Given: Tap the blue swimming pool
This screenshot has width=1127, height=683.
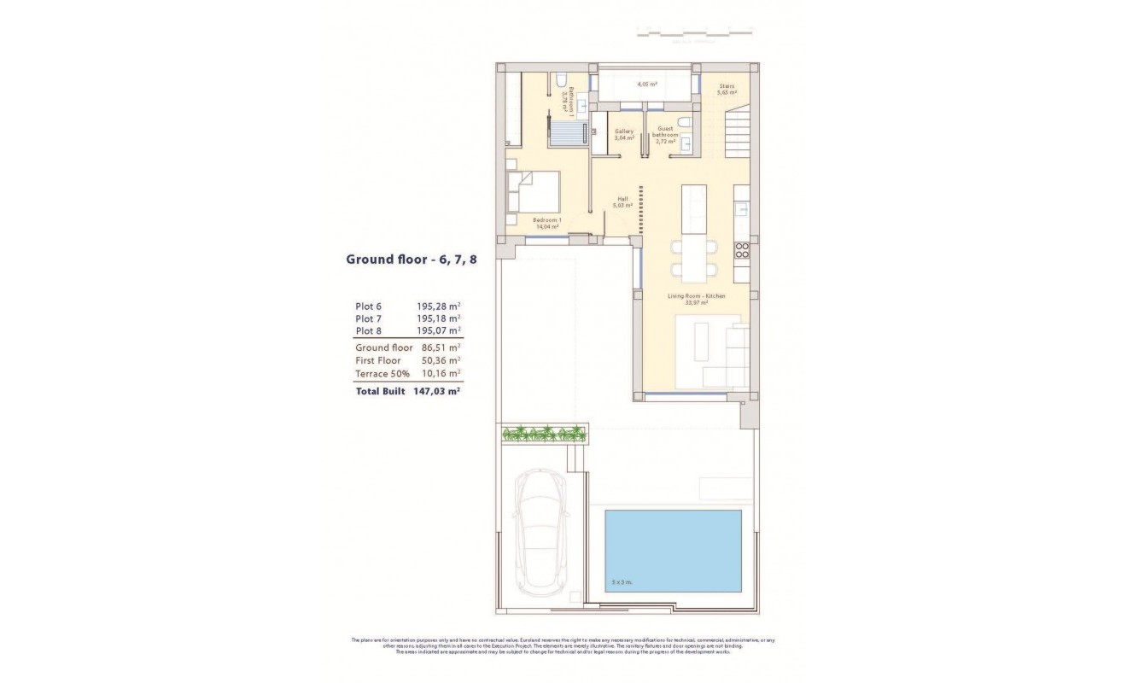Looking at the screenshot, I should point(673,551).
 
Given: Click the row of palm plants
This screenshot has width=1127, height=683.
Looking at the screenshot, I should point(544,434).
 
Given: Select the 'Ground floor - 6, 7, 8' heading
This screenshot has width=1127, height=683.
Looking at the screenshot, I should point(411,259).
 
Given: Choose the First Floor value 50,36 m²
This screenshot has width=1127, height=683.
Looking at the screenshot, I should point(441,360).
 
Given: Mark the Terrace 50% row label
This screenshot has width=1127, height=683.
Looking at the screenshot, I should point(382,373).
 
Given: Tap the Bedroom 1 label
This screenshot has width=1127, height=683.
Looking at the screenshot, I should point(546,223).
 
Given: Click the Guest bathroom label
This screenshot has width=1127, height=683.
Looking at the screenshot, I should point(665,132).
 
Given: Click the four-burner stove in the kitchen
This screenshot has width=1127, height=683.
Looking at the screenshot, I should point(742,250).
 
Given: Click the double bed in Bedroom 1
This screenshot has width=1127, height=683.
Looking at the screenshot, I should point(533,192).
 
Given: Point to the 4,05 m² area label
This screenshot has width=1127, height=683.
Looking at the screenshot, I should point(646,85).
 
